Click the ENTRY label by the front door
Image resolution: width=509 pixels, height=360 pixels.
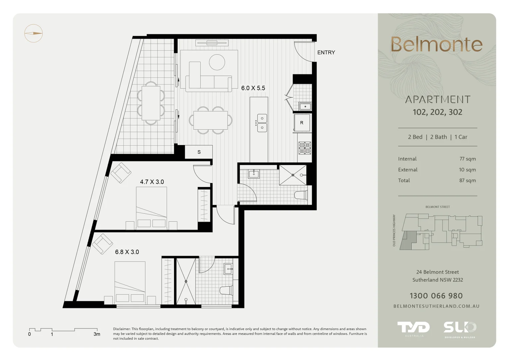326,53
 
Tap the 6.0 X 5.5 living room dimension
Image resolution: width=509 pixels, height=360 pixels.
253,88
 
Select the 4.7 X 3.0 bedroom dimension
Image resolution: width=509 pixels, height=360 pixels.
152,182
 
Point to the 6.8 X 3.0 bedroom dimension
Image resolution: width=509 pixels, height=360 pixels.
127,252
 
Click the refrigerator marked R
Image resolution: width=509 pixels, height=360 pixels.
302,123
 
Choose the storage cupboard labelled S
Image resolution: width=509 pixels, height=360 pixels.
199,152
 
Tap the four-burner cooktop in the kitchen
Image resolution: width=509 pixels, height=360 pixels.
305,148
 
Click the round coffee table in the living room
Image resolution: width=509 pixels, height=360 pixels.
217,62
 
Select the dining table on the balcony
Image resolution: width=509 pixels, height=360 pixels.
151,103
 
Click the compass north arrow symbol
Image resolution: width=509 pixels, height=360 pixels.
33,33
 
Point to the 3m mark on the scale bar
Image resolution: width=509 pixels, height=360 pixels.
97,334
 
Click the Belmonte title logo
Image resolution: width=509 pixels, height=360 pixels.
436,45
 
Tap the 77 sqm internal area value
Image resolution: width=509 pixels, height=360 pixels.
467,159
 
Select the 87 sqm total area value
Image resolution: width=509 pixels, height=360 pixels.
467,181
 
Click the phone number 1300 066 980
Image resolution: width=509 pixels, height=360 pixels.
436,296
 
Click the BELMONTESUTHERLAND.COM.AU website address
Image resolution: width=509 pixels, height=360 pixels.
436,306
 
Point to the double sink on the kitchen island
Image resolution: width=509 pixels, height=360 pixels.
262,123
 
